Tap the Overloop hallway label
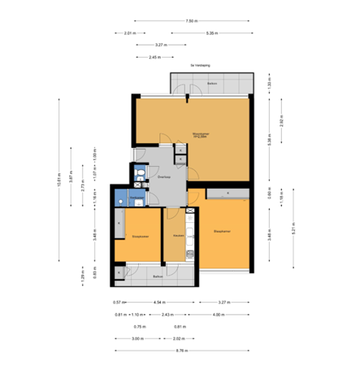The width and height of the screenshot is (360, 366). click(x=163, y=176)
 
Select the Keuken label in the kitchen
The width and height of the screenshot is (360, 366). click(x=177, y=236)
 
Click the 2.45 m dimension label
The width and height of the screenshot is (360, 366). click(x=154, y=57)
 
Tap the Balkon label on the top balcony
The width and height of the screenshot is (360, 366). click(x=212, y=84)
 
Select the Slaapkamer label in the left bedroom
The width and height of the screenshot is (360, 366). click(x=140, y=236)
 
